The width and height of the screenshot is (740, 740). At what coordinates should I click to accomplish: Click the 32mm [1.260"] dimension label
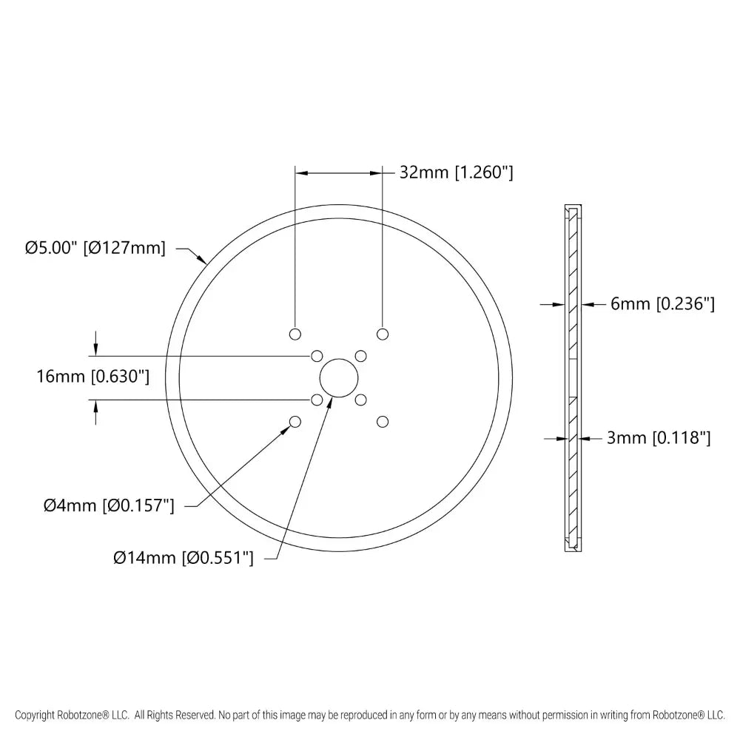coord(456,172)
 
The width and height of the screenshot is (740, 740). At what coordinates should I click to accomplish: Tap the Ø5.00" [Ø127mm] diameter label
coord(95,248)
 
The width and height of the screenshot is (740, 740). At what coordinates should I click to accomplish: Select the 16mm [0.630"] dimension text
coord(93,377)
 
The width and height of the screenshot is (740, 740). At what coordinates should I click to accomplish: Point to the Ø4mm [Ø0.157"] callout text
coord(109,506)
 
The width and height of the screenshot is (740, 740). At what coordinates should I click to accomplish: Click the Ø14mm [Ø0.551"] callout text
coord(184,558)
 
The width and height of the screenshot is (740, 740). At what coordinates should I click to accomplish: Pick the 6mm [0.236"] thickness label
coord(662,304)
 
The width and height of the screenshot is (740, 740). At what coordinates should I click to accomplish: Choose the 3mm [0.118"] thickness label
coord(659,438)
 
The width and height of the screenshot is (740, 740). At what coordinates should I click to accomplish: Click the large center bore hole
coord(339,378)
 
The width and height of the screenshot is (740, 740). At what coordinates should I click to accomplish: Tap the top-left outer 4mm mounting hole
coord(295,334)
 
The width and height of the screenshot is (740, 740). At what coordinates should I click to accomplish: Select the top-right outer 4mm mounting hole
coord(383,334)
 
